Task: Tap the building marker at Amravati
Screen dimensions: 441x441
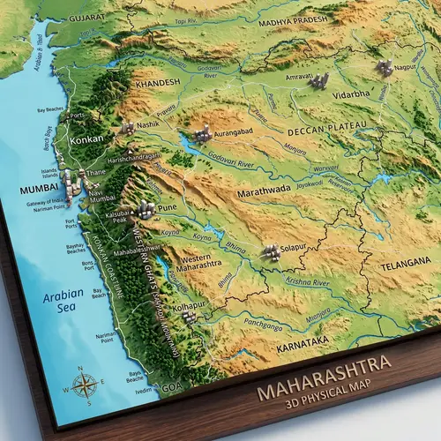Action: (x=318, y=81)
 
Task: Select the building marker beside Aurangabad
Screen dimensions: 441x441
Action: (x=203, y=134)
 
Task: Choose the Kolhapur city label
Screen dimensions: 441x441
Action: (x=189, y=306)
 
